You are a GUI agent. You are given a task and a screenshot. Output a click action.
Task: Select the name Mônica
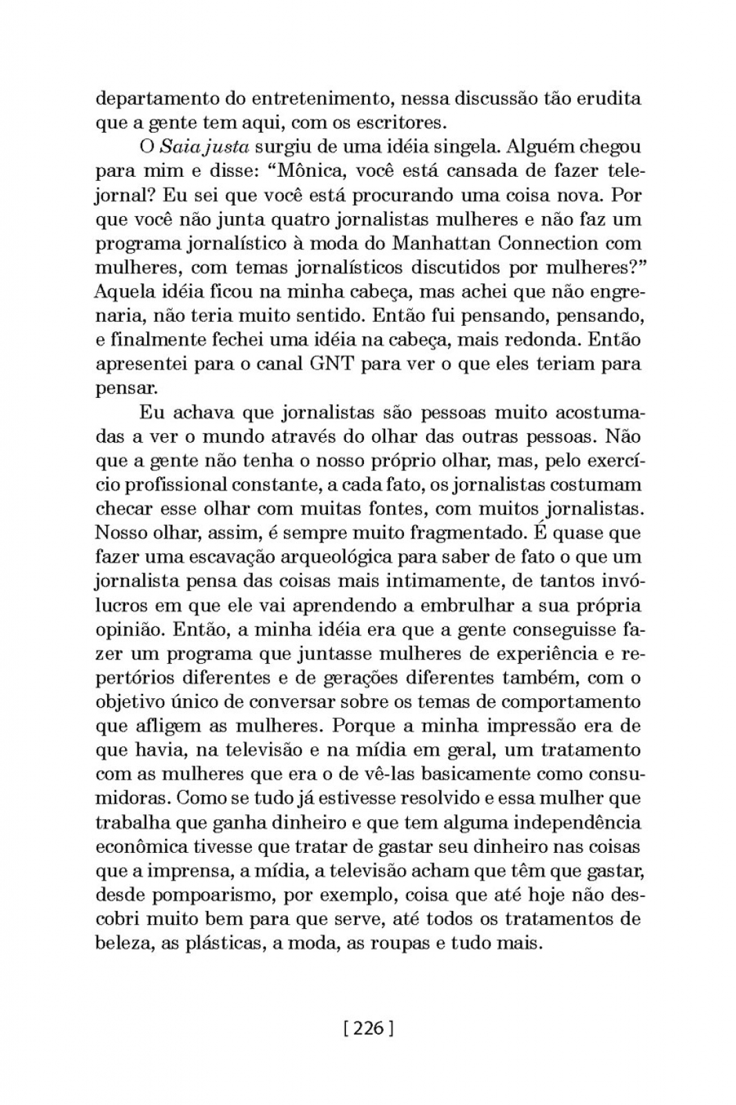click(x=313, y=171)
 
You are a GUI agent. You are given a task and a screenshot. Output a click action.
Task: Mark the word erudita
click(x=607, y=99)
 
